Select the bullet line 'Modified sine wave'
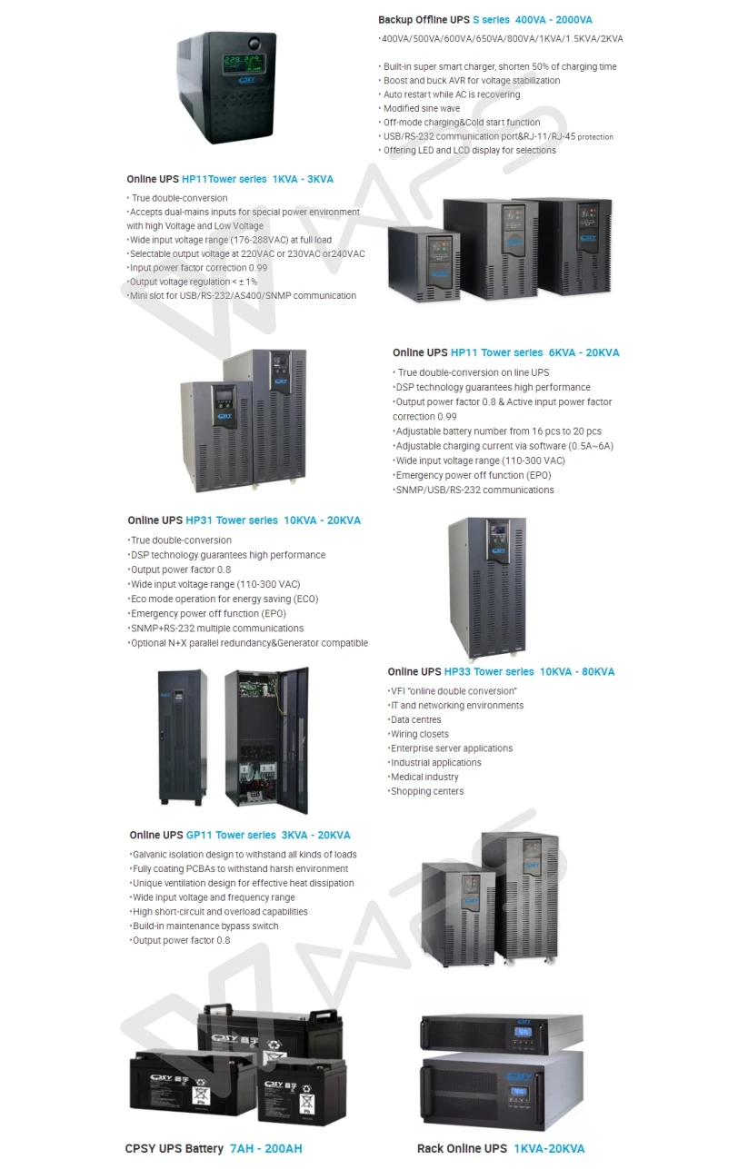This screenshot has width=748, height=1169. click(421, 108)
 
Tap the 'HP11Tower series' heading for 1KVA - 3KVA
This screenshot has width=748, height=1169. click(224, 179)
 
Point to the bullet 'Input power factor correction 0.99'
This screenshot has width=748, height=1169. click(198, 268)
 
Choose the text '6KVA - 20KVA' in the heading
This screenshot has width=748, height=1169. click(583, 352)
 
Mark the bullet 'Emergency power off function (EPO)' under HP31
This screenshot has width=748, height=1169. click(195, 613)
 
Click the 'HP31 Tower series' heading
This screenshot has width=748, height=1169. click(232, 520)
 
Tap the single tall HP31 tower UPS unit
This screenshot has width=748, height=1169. click(488, 586)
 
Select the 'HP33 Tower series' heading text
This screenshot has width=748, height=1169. click(488, 671)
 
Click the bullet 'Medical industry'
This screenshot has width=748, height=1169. click(424, 777)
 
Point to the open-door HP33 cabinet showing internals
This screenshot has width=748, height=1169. click(267, 739)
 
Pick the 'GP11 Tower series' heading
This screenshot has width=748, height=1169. click(231, 835)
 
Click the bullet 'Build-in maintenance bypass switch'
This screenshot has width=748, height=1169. click(205, 926)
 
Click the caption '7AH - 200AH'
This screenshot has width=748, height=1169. click(265, 1148)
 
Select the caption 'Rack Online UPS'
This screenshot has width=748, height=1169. click(462, 1148)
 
